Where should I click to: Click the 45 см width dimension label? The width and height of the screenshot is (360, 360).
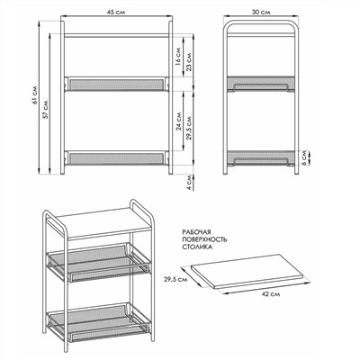point(116,12)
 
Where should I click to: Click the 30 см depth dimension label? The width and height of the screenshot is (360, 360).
point(261,12)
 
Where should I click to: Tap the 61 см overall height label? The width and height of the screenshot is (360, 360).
point(35,95)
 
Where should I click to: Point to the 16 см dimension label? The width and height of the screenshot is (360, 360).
point(177,57)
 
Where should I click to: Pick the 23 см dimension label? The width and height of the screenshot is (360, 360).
point(189,62)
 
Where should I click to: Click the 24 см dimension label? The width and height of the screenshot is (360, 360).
point(179,121)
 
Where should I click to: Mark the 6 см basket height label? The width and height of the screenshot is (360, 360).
point(305,157)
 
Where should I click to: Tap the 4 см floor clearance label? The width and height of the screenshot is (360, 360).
point(189,182)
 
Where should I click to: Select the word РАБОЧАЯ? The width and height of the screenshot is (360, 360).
point(197,232)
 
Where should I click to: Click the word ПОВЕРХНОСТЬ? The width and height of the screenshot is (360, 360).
point(204,239)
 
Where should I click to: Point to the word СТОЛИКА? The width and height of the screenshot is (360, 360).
point(197,247)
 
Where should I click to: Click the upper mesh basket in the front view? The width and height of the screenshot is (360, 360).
point(116,84)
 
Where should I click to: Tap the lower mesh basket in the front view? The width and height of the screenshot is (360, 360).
point(116,158)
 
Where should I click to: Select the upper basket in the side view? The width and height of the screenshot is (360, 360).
point(261,84)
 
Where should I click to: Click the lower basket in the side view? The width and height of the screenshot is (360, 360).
point(261,157)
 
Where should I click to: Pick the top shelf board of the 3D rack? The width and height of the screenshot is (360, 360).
point(103,223)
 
